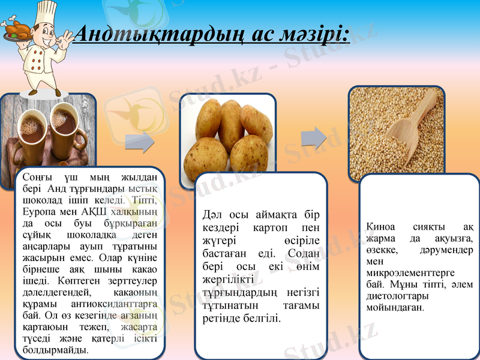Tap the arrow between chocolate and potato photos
pyautogui.click(x=140, y=143)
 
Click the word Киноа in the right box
pyautogui.click(x=380, y=227)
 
